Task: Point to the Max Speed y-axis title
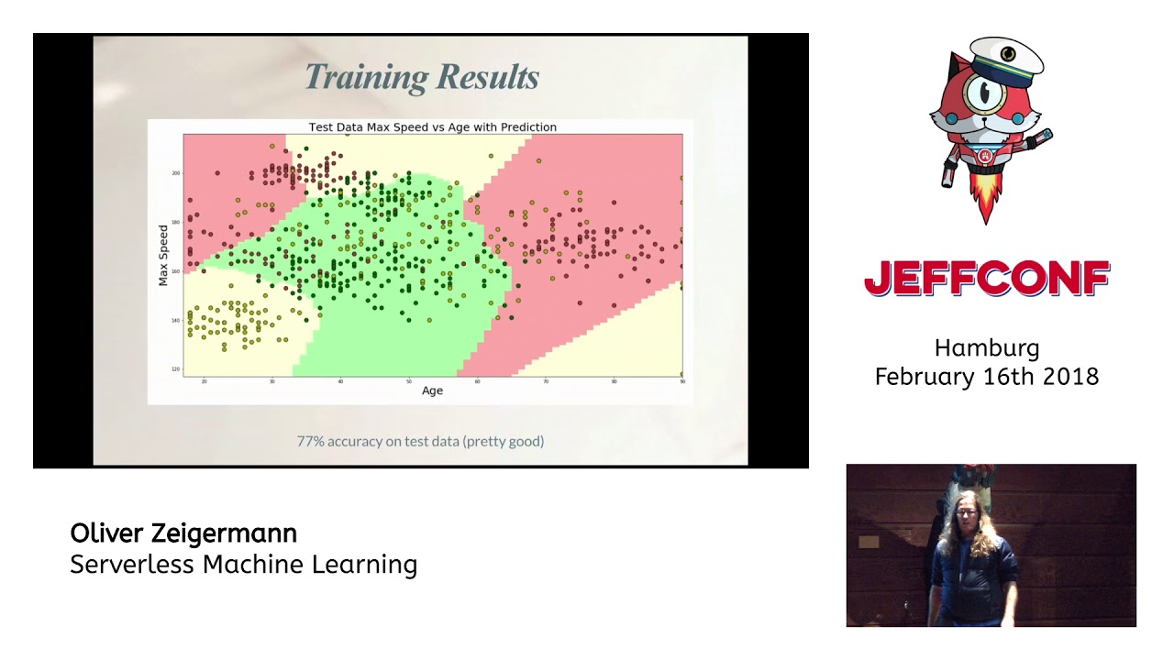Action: [164, 254]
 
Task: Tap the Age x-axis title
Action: [432, 390]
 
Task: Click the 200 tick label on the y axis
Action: [176, 172]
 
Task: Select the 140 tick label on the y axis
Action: [176, 320]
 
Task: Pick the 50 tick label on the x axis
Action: [409, 381]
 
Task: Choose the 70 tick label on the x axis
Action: [546, 381]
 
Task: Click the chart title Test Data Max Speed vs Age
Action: [432, 126]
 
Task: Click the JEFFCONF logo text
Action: [987, 279]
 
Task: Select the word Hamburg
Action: [987, 348]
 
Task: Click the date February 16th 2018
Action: [987, 377]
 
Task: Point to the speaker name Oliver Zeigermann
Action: [183, 533]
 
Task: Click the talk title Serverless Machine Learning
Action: [243, 565]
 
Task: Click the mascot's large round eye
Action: [980, 91]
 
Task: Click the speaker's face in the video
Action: [966, 514]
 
